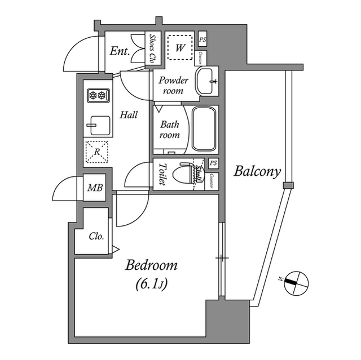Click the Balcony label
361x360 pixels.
(257, 171)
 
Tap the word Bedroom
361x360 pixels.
(151, 265)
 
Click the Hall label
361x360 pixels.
(129, 115)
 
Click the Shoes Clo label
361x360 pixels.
(152, 48)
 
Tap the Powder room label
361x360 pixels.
(173, 85)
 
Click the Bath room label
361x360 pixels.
(170, 130)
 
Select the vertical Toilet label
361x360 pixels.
(162, 175)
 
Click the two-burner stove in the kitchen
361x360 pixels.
(97, 96)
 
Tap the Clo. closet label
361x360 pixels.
(96, 237)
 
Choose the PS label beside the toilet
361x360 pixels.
(213, 163)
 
